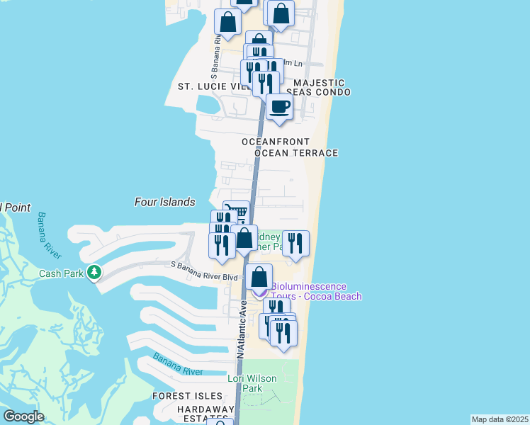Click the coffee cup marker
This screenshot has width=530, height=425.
click(279, 108)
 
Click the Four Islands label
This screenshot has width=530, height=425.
click(164, 202)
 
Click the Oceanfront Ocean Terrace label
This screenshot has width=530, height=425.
click(289, 147)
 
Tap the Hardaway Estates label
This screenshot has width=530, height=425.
click(205, 414)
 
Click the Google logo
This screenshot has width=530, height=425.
click(23, 416)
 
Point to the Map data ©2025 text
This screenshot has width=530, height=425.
click(500, 419)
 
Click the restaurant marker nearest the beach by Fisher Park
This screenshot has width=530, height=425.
click(295, 244)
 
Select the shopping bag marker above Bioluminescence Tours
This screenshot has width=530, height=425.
click(260, 278)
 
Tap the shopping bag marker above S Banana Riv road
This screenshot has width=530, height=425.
click(228, 24)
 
